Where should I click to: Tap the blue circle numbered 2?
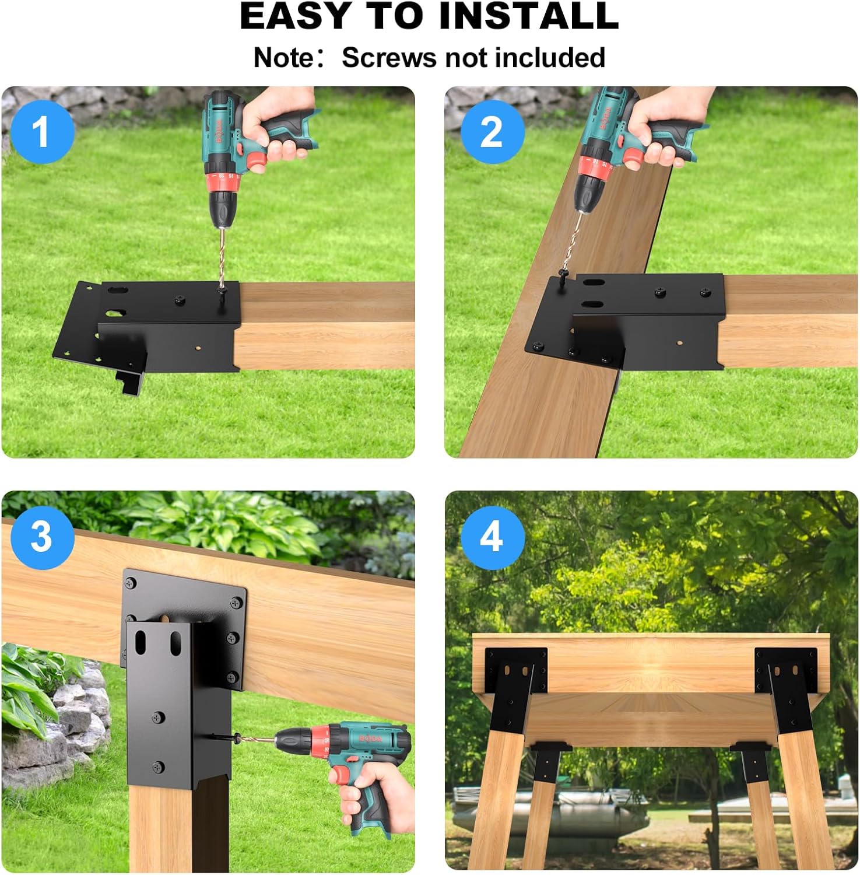point(492,132)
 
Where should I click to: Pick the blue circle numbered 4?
point(492,536)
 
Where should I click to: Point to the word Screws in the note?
point(390,58)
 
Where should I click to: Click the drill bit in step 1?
point(222,257)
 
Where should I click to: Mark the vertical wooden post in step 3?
point(160,828)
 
